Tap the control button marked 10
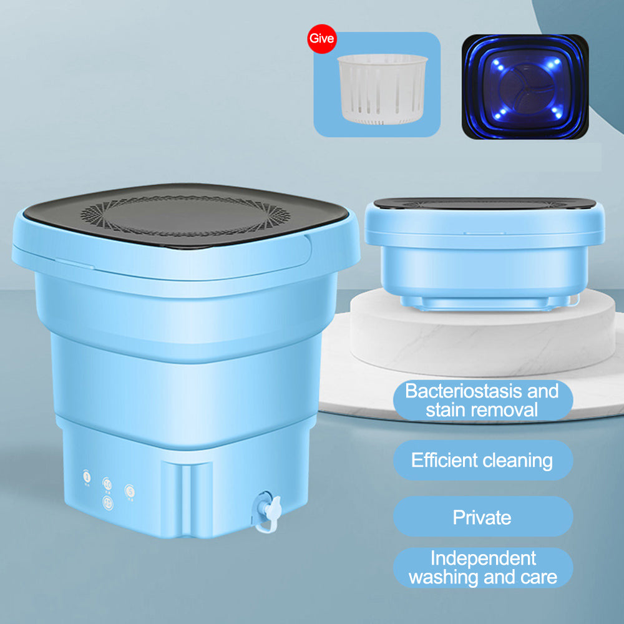[x=107, y=484]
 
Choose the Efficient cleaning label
[x=482, y=461]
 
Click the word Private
[x=482, y=517]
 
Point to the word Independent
[x=484, y=557]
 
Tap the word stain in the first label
[x=447, y=411]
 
